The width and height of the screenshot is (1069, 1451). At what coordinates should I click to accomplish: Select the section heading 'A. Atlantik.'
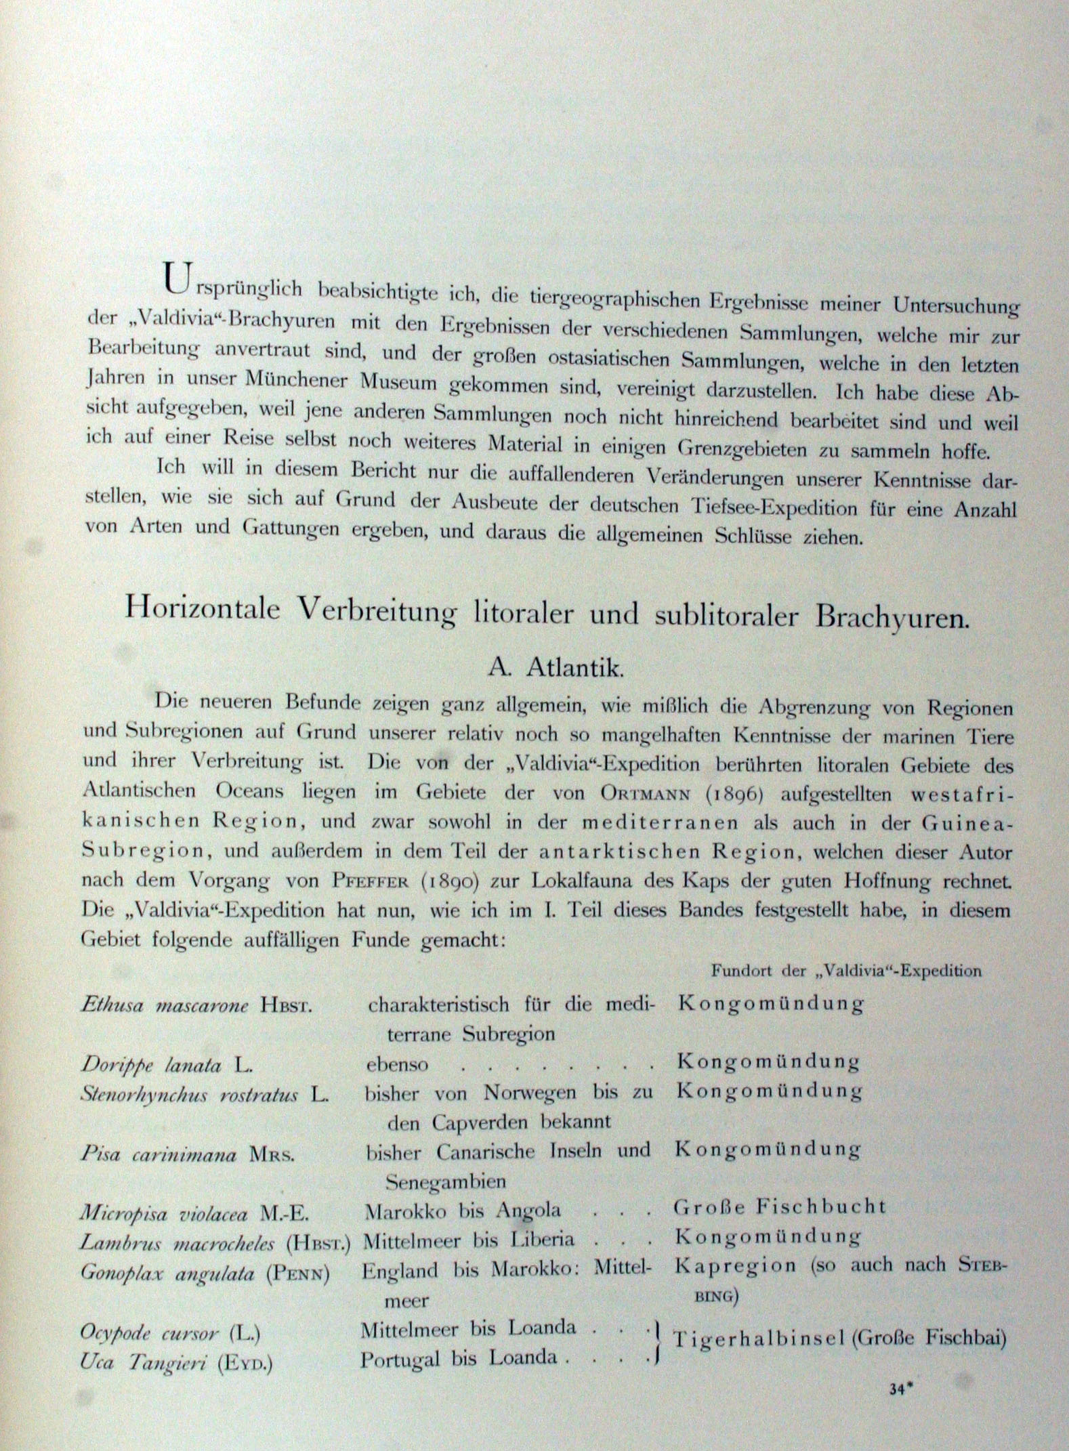[554, 668]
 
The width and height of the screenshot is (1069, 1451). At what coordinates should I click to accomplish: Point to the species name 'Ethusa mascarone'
[169, 1004]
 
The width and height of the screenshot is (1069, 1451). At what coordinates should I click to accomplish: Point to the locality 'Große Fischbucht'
[779, 1206]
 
